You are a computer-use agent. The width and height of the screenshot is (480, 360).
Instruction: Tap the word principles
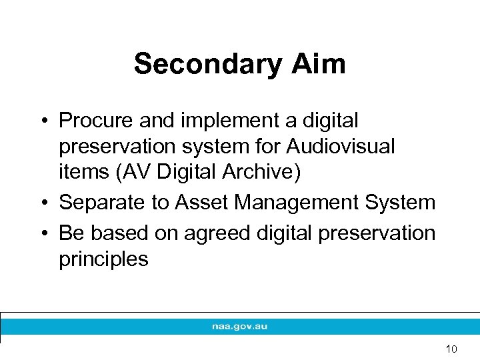pyautogui.click(x=103, y=259)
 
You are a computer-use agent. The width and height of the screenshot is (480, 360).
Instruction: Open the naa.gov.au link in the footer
pyautogui.click(x=240, y=327)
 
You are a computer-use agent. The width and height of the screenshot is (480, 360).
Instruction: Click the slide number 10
pyautogui.click(x=451, y=349)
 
